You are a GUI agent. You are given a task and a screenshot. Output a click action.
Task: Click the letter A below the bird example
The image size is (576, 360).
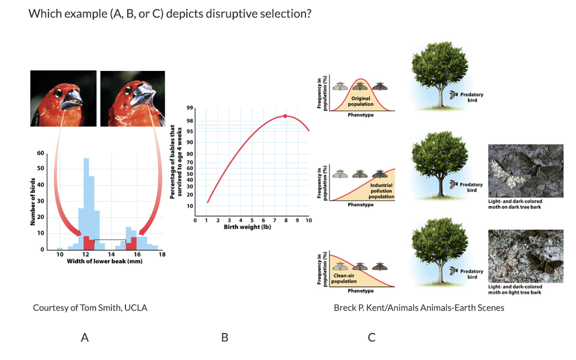coord(85,337)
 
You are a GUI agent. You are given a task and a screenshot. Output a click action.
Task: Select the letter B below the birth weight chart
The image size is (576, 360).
coord(224,337)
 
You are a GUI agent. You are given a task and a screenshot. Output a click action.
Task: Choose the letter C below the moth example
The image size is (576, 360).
coord(371,337)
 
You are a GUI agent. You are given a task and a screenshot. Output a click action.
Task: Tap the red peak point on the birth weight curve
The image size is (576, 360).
coord(285,116)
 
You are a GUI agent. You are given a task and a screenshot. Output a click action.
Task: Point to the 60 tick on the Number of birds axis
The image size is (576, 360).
coord(40,153)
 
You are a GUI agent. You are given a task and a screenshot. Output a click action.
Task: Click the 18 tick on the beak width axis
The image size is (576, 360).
coord(162,255)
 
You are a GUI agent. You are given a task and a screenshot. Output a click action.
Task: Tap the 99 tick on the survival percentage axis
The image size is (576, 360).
coord(191,109)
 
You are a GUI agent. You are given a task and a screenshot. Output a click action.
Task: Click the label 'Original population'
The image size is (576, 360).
coord(361,101)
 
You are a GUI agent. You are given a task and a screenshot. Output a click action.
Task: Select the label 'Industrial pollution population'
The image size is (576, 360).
coord(381,191)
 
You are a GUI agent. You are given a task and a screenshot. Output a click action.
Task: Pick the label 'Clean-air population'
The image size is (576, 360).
coord(344,278)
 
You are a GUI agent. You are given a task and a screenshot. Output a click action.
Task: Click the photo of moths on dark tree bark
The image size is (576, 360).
coord(526,172)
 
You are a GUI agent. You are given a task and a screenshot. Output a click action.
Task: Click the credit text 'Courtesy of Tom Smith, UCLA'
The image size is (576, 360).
coord(90,308)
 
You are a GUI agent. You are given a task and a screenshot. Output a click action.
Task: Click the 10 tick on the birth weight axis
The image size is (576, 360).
coord(308,220)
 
